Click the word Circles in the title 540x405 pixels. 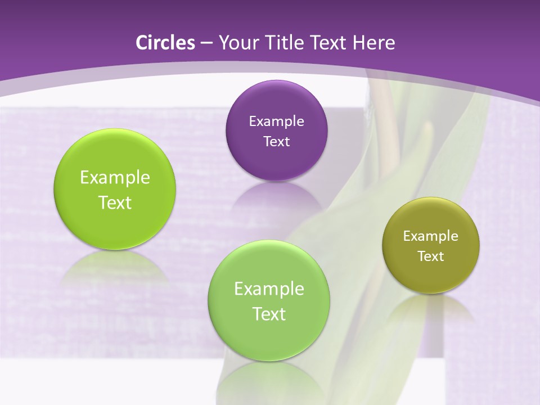(x=165, y=43)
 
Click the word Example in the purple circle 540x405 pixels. (x=276, y=121)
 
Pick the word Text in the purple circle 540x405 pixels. (x=276, y=142)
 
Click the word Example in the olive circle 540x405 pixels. (x=431, y=236)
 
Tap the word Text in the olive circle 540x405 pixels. (x=431, y=256)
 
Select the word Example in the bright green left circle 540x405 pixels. (x=115, y=178)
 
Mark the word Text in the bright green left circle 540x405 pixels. (x=115, y=203)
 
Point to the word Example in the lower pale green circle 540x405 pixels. (x=269, y=289)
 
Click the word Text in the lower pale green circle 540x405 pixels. (x=269, y=314)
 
